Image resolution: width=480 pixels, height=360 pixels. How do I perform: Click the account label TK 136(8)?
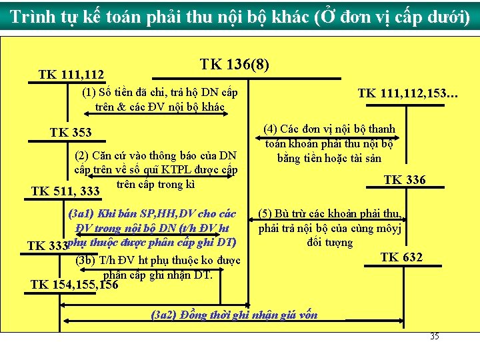coord(235,65)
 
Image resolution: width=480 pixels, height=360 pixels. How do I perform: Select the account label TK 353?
coord(71,133)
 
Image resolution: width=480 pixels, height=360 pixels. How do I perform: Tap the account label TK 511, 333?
coord(65,192)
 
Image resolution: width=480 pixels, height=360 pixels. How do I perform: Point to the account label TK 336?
coord(405,180)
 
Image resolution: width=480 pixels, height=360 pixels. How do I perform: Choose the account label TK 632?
coord(401,257)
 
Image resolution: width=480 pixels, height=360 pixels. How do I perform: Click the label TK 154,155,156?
coord(74,285)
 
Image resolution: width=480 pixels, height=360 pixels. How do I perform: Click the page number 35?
coord(434,337)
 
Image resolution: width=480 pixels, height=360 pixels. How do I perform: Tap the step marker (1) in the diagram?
coord(89,93)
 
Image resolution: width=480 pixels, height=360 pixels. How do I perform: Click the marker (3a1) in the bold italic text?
coord(81,214)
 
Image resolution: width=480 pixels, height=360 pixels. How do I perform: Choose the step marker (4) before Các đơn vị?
coord(270,129)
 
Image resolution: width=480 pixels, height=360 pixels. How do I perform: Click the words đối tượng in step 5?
coord(330,242)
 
